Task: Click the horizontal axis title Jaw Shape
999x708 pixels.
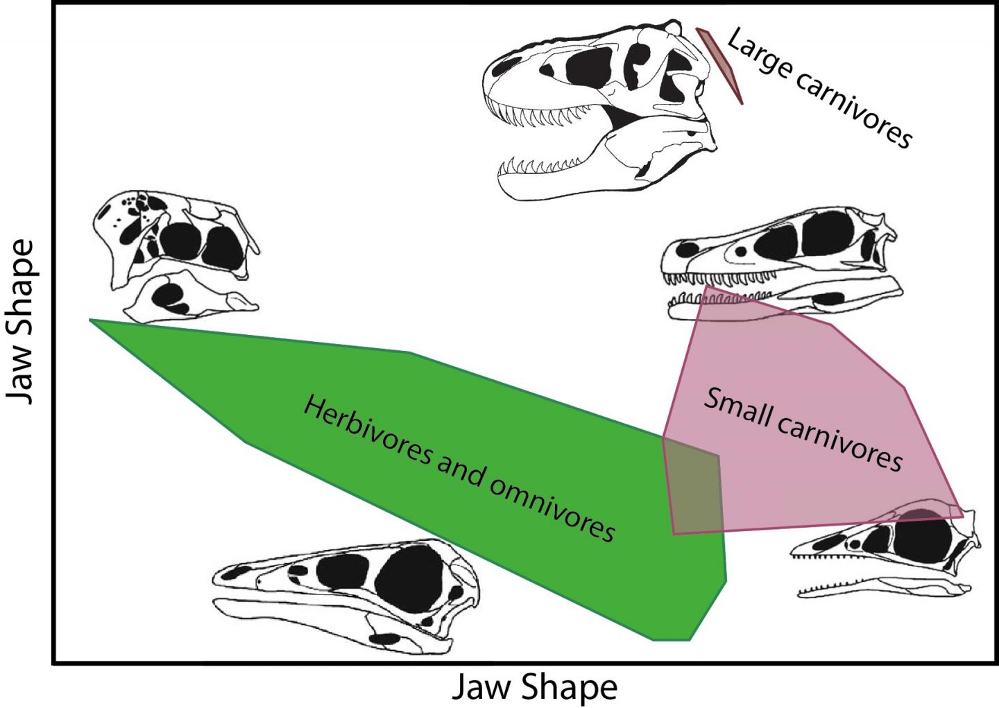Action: (534, 687)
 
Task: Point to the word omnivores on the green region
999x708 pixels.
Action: (553, 507)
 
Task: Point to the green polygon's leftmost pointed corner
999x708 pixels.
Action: (91, 320)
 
